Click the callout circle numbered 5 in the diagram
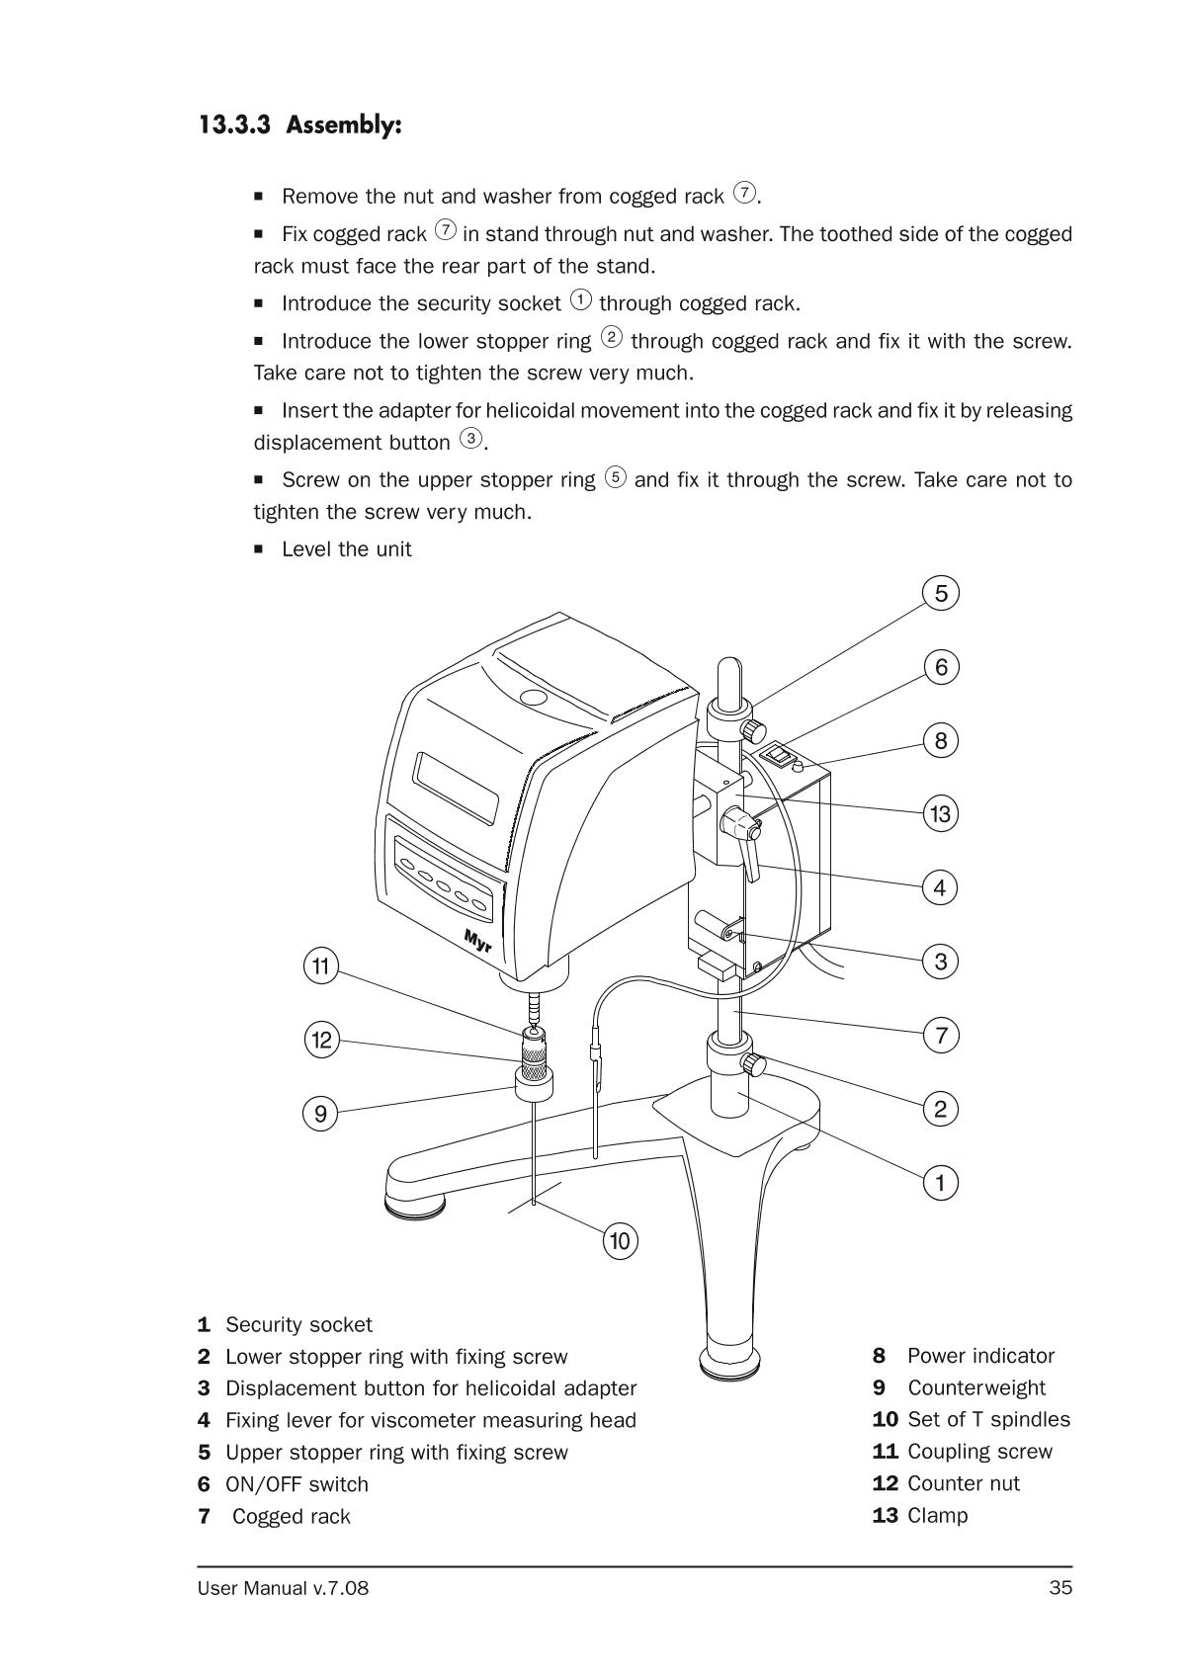point(941,593)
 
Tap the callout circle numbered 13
point(941,813)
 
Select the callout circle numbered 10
point(620,1240)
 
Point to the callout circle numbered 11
point(320,965)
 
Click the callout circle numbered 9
point(320,1114)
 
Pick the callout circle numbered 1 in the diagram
point(941,1182)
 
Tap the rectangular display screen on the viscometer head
point(457,788)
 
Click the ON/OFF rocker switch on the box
point(780,758)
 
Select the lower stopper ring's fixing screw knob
point(754,1065)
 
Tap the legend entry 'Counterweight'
point(975,1387)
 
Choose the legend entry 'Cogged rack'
point(291,1516)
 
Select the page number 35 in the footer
point(1060,1588)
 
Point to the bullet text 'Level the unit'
point(346,549)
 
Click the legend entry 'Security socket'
point(298,1324)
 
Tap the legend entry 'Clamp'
point(937,1515)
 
